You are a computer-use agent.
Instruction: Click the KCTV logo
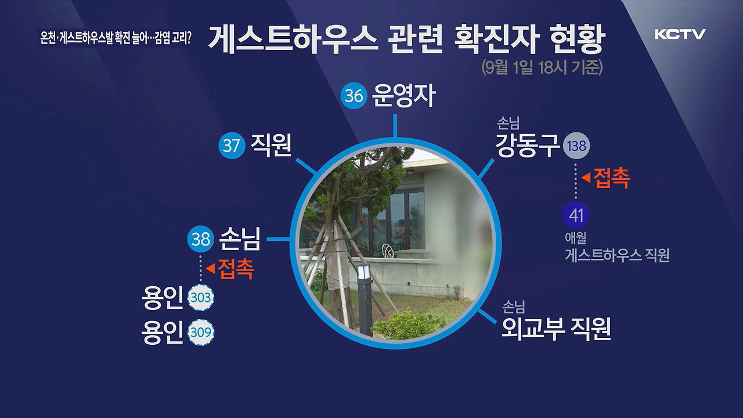tap(680, 34)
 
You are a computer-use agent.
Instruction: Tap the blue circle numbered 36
tap(354, 96)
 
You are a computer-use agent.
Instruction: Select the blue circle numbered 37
tap(232, 146)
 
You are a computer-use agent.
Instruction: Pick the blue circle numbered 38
tap(201, 239)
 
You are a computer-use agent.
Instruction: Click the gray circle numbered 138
tap(576, 146)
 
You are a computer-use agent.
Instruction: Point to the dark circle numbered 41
tap(575, 215)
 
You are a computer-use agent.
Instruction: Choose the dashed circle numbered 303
tap(201, 298)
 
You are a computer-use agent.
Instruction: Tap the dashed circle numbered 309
tap(201, 333)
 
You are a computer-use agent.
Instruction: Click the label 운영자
tap(403, 96)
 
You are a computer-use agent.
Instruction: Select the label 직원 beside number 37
tap(271, 145)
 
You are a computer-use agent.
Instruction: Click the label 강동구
tap(527, 145)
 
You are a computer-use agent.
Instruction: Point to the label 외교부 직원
tap(556, 329)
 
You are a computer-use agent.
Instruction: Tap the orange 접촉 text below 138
tap(611, 178)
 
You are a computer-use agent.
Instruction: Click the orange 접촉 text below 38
tap(236, 269)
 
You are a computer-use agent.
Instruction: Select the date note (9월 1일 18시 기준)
tap(542, 68)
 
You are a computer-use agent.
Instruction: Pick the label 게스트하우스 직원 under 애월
tap(617, 255)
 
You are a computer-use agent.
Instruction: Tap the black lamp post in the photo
tap(366, 301)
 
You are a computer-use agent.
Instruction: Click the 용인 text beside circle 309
tap(162, 333)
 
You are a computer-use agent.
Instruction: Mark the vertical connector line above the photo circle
tap(395, 125)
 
